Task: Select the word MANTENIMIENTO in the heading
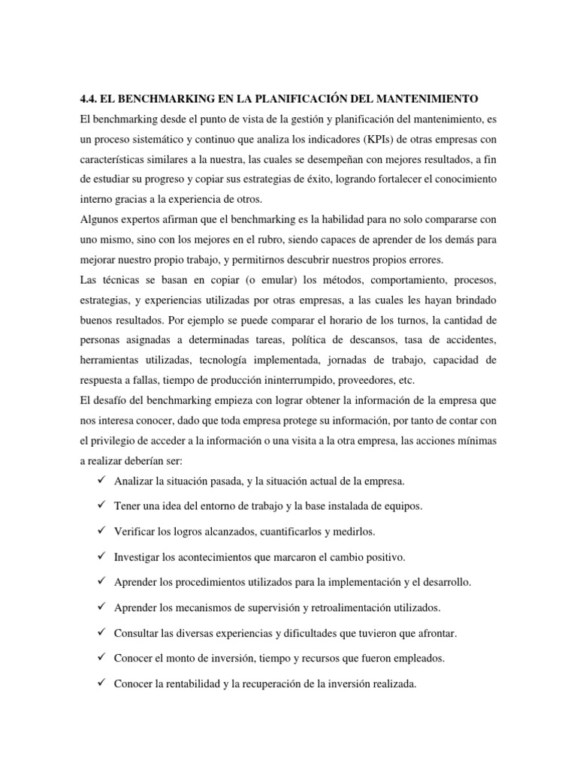(x=430, y=98)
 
